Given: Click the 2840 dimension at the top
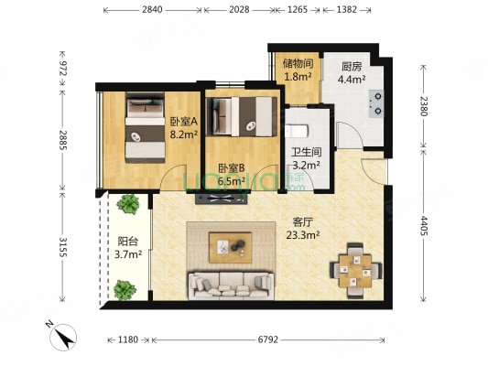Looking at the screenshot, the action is coord(152,10).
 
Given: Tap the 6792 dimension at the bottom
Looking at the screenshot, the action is coord(268,339).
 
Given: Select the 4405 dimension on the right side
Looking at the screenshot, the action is coord(424,226).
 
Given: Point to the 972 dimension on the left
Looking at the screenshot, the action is coord(63,68).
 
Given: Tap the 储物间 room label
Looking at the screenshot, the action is coord(298,64).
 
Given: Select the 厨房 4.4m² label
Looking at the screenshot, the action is coord(352,73).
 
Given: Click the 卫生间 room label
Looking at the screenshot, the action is coord(307,152).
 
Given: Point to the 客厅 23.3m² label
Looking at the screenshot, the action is coord(303,229).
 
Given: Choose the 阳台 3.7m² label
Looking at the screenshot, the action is coord(128,248).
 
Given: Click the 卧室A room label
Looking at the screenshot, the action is coord(184,122).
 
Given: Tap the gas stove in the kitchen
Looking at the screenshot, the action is coord(376,103).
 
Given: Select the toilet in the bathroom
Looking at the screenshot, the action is coord(297,131).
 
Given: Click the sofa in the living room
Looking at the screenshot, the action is coord(231,285).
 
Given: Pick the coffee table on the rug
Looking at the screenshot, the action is coord(231,248).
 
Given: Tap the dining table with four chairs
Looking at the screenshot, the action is coord(355,271).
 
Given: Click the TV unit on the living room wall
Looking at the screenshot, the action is coord(222,199).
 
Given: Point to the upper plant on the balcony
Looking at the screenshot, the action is coord(128,204).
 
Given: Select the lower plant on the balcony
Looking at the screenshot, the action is coord(125,290).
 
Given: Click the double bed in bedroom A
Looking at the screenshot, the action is coord(146,127).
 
